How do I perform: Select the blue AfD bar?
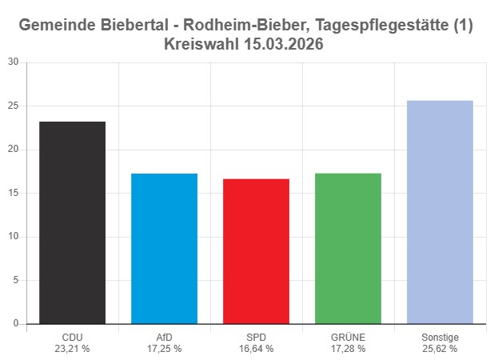164,248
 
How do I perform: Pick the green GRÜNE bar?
348,248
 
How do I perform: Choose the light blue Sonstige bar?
440,212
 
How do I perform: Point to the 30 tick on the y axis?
13,62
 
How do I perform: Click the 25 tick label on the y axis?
13,106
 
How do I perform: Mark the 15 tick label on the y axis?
13,193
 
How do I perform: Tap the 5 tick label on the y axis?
16,280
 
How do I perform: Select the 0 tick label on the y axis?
16,323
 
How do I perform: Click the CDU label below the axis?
72,338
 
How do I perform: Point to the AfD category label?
164,338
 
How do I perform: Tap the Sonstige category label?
440,338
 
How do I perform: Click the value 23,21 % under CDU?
72,349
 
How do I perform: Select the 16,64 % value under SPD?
256,349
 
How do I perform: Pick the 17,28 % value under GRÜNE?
348,349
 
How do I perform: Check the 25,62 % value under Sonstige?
440,349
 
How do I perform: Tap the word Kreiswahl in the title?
201,44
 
